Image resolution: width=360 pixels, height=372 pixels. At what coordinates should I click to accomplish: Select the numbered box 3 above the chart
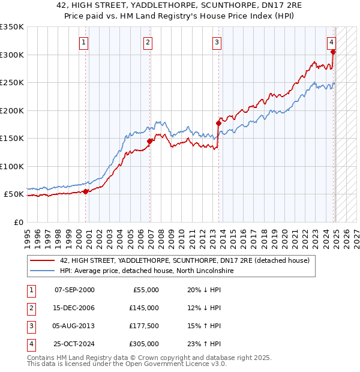coord(217,43)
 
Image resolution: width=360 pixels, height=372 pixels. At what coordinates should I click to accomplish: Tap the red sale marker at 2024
coord(333,52)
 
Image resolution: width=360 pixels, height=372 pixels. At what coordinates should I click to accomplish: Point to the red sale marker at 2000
coord(85,191)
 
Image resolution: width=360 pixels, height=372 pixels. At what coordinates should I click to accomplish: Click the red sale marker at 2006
coord(149,142)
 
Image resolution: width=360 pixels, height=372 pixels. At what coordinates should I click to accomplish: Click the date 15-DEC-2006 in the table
coord(74,308)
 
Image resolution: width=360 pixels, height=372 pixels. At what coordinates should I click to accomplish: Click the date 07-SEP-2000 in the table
coord(74,290)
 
